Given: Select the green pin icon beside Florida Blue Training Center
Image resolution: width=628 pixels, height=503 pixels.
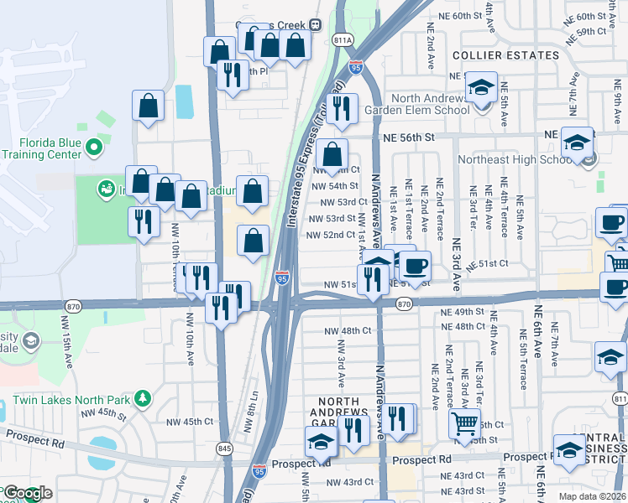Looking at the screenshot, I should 93,148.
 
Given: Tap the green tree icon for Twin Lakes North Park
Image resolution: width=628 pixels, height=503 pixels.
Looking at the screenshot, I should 143,397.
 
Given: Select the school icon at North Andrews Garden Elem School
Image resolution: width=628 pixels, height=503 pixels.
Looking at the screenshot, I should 481,88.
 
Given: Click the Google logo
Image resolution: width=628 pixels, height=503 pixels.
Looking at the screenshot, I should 27,494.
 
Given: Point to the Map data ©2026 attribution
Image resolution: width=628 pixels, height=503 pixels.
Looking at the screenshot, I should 591,496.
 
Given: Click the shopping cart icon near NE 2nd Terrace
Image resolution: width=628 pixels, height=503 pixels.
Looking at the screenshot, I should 464,423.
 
